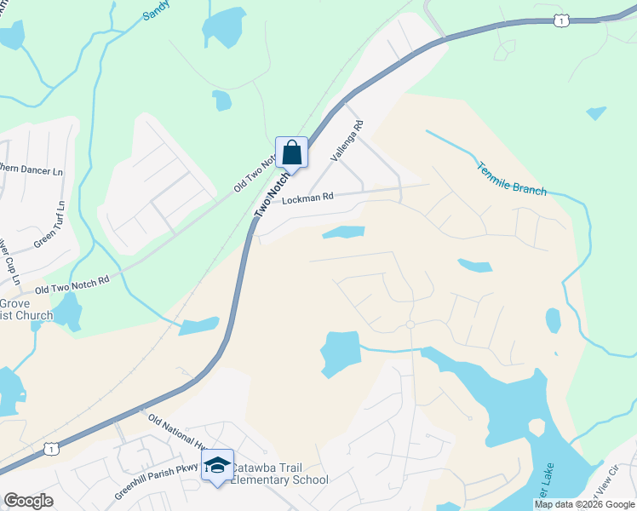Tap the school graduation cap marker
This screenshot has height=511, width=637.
(x=217, y=465)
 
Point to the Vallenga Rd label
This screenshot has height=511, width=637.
(x=347, y=141)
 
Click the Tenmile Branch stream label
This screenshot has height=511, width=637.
(x=512, y=177)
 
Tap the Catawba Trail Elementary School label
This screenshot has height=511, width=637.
(x=280, y=474)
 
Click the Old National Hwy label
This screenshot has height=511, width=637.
(x=178, y=431)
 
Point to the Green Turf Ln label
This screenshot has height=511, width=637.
(x=48, y=226)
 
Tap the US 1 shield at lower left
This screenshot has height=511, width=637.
(x=52, y=448)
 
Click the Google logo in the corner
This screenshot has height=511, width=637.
(x=29, y=501)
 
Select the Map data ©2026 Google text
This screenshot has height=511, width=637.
(x=584, y=504)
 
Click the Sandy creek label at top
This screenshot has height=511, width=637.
(x=156, y=9)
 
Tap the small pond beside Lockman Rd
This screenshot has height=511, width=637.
(x=343, y=233)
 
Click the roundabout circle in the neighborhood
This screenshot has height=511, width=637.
(x=410, y=325)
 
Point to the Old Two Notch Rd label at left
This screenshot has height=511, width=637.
(x=72, y=284)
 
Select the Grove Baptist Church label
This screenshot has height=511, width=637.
(x=26, y=309)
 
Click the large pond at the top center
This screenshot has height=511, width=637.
(x=225, y=26)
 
